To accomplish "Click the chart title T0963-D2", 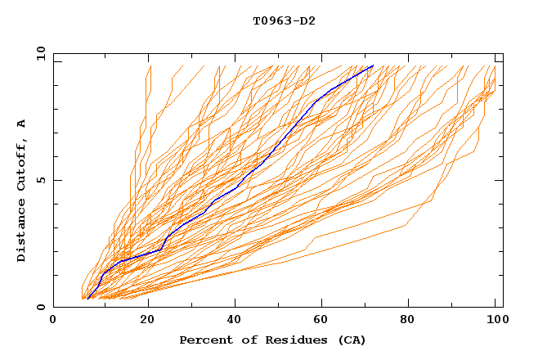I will point(284,20).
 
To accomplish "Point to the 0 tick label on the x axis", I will point(53,322).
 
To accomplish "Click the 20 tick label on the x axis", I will point(148,322).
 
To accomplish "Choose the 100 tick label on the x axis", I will point(495,322).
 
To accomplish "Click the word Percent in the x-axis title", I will point(203,340).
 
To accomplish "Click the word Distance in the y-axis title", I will point(21,232).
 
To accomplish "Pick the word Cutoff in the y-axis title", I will point(21,163).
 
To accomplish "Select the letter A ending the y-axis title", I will point(21,124).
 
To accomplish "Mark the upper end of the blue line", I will point(373,65).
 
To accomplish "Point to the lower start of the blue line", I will point(87,299).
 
